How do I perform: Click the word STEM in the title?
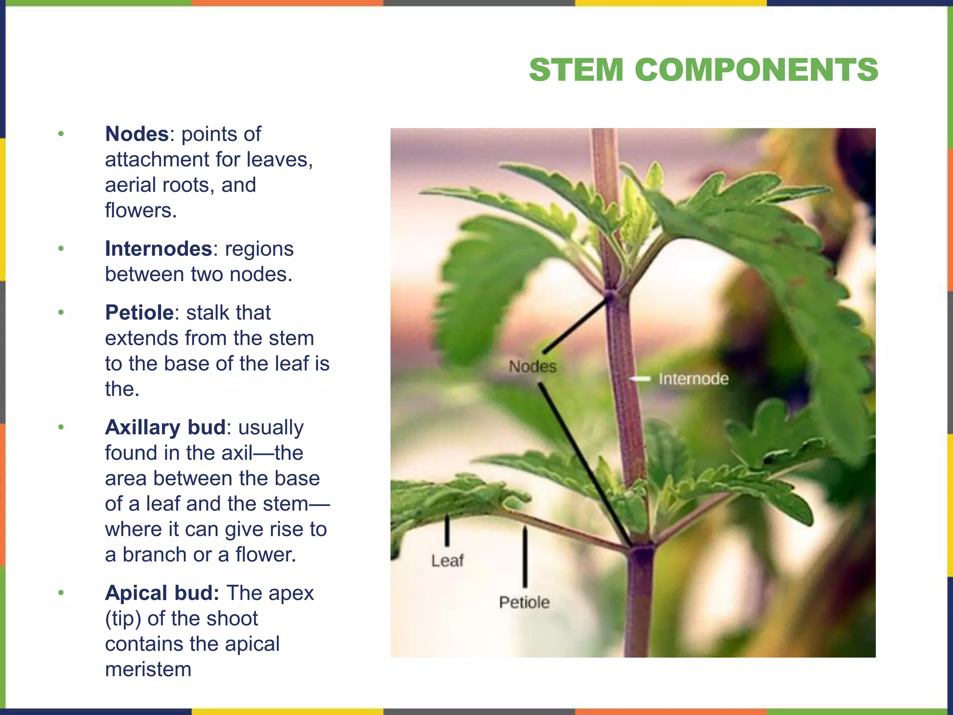coord(576,70)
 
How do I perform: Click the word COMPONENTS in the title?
coord(756,70)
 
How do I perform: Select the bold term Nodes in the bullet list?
coord(136,134)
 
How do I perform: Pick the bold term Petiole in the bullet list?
coord(139,312)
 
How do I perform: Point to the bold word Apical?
coord(136,593)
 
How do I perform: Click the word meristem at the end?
coord(148,669)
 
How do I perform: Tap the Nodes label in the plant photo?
coord(532,366)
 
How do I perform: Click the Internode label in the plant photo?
coord(693,379)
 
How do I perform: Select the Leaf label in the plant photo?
coord(447,560)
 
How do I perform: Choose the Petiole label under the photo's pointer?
coord(524,602)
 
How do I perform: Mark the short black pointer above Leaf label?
coord(447,530)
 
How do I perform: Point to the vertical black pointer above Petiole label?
coord(525,557)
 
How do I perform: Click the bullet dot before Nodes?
coord(61,135)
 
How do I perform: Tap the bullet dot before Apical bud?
coord(61,594)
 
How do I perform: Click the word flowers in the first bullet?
coord(141,210)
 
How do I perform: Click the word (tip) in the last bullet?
coord(123,619)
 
